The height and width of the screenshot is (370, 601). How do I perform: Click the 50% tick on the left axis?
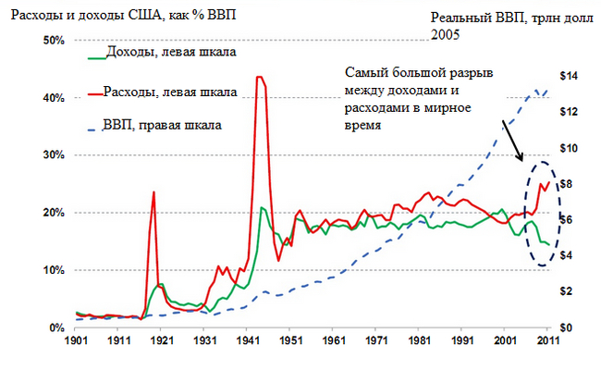tap(52, 41)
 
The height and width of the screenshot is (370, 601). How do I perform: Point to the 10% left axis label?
tap(52, 270)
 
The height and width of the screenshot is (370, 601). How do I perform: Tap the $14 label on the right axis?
tap(570, 76)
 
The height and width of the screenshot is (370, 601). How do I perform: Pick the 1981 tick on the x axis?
tap(418, 343)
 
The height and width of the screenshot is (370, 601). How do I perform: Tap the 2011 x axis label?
tap(546, 343)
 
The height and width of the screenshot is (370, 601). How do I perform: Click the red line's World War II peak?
tap(261, 77)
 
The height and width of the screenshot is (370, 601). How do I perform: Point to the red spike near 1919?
tap(153, 192)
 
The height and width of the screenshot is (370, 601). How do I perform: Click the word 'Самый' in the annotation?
tap(364, 74)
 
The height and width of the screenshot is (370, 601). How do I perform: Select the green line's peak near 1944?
tap(263, 208)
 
